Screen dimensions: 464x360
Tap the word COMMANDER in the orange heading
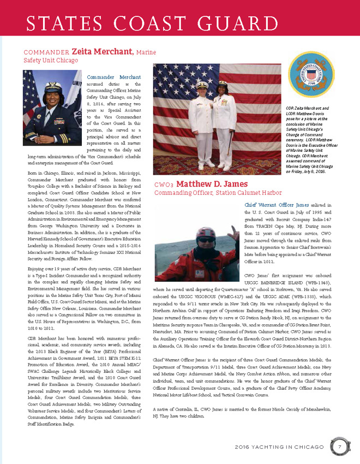pyautogui.click(x=45, y=51)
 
